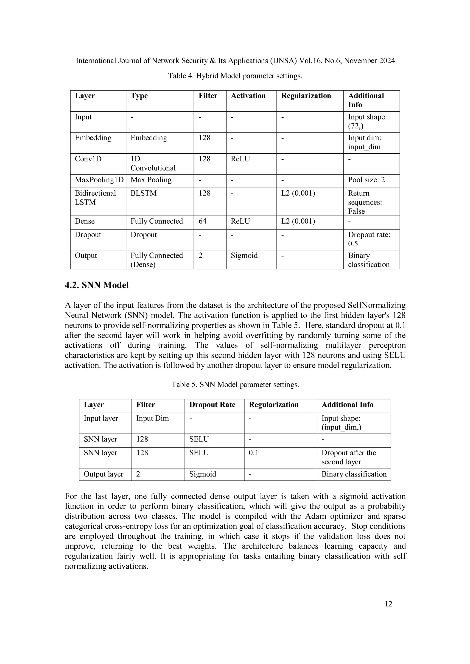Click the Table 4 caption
coord(235,76)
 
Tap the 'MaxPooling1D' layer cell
coord(99,180)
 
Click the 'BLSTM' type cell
coord(143,193)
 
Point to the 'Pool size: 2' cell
coord(366,180)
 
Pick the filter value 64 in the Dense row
coord(203,221)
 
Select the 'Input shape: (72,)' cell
coord(367,122)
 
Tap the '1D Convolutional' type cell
coord(153,163)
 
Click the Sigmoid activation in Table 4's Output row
coord(244,256)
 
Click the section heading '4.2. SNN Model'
coord(97,285)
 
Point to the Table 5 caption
coord(235,385)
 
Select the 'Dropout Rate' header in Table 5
coord(212,405)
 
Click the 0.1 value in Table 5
coord(254,453)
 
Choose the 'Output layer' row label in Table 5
coord(103,474)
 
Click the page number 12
coord(388,604)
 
